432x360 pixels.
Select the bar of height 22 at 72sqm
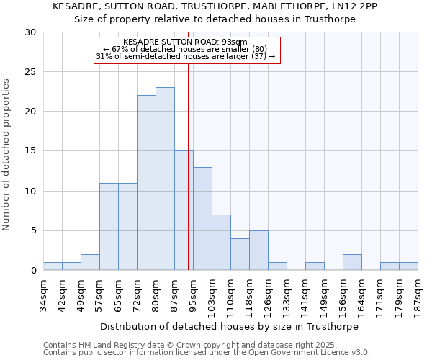point(146,183)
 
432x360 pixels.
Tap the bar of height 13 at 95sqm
point(202,219)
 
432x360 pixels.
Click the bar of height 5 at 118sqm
point(258,251)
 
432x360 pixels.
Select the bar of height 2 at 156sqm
point(352,262)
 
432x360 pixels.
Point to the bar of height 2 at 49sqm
point(90,262)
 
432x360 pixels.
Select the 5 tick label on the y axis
point(32,231)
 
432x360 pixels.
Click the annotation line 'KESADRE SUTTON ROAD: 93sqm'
point(185,42)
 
